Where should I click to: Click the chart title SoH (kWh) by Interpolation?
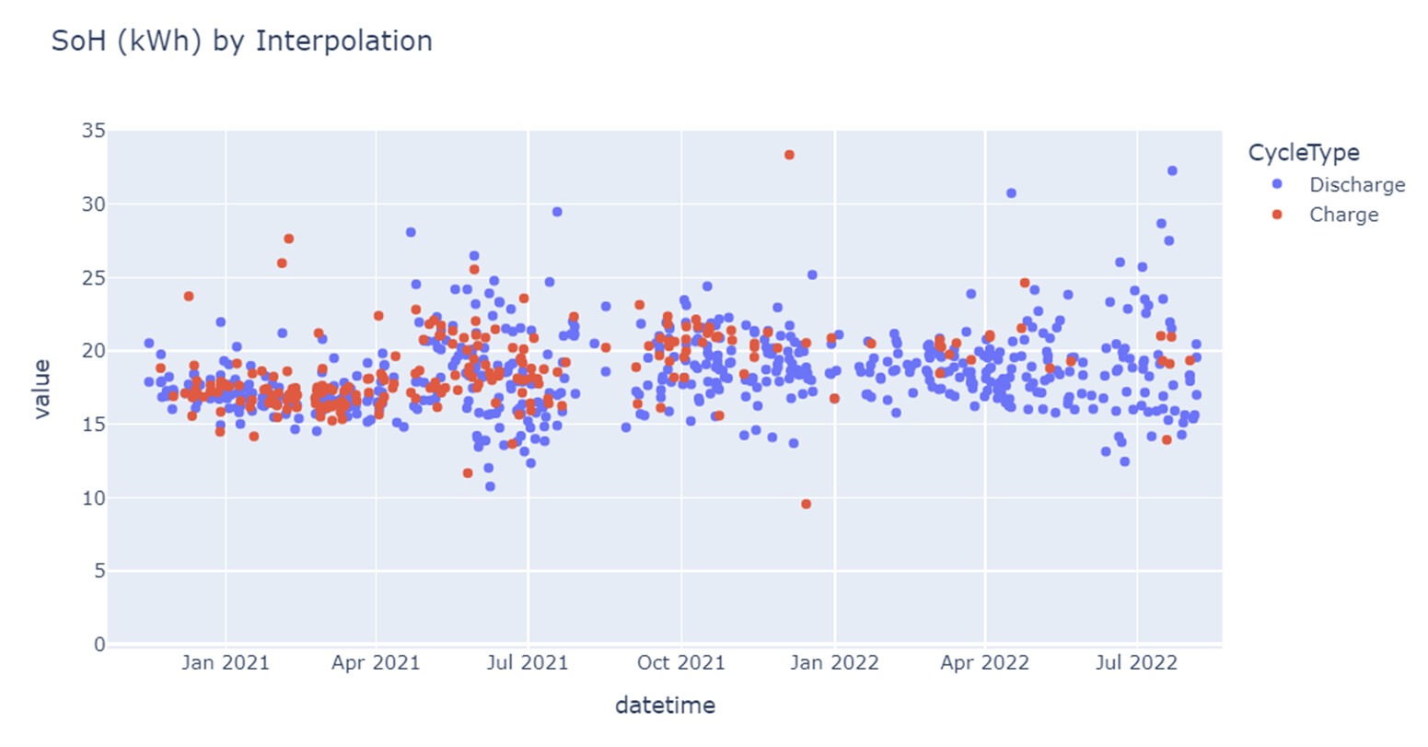(x=241, y=41)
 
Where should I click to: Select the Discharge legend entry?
(x=1356, y=185)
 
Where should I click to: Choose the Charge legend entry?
(x=1343, y=215)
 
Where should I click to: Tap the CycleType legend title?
(x=1303, y=153)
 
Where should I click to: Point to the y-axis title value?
(x=41, y=390)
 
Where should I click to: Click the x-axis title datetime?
(x=665, y=706)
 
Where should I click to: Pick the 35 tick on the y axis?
(x=93, y=131)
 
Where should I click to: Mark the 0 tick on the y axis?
(x=99, y=645)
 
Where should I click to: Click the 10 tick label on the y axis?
(x=93, y=498)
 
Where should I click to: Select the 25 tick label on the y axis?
(x=93, y=278)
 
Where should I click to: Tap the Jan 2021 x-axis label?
(x=226, y=663)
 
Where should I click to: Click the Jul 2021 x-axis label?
(x=528, y=663)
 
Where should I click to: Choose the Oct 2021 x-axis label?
(x=681, y=663)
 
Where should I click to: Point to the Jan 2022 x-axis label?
(x=834, y=663)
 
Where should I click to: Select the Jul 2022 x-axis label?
(x=1136, y=663)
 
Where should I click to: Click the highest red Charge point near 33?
(x=789, y=155)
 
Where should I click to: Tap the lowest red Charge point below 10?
(x=806, y=504)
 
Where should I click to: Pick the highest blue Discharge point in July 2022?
(x=1172, y=170)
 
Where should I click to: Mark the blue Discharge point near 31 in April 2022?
(x=1011, y=193)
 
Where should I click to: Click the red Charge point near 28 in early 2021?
(x=288, y=239)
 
